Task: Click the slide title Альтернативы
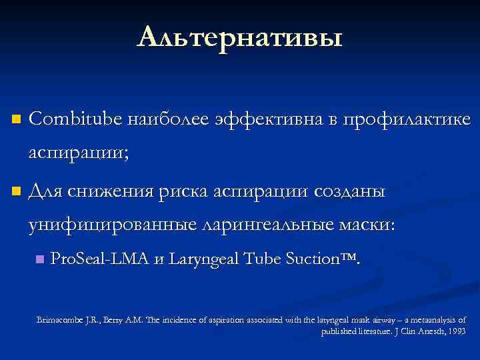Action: point(240,37)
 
